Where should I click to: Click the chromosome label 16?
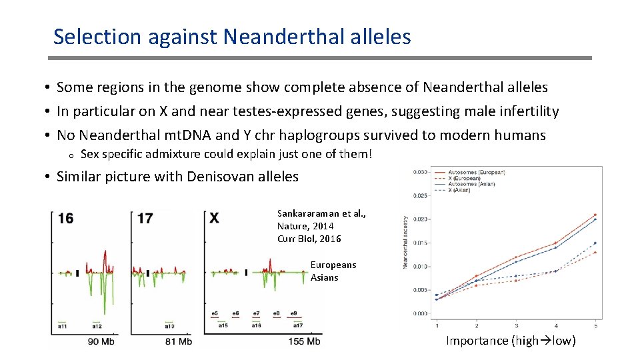coord(65,218)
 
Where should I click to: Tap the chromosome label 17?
coord(145,218)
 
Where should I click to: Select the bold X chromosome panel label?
coord(214,218)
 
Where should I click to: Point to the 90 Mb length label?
coord(103,341)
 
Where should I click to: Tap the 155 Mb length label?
coord(305,341)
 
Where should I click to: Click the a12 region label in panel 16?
coord(97,326)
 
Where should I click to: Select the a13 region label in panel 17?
coord(170,326)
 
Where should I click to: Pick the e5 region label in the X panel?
coord(215,313)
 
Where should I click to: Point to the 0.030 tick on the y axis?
coord(421,172)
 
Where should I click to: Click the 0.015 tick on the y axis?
coord(421,243)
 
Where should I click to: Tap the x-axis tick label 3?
coord(517,325)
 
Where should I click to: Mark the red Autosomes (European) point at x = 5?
coord(595,215)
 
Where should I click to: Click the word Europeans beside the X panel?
coord(333,265)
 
